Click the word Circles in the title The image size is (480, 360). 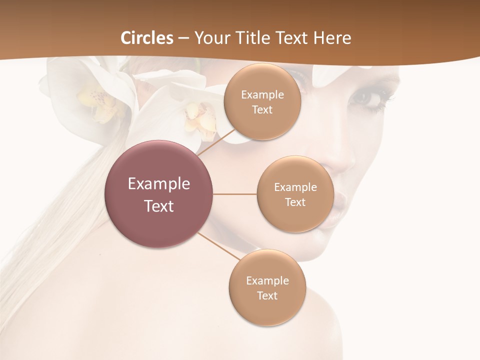(x=147, y=38)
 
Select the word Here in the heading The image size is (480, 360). (x=331, y=38)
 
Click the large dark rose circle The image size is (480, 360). (x=159, y=194)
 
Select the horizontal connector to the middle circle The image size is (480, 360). (x=234, y=194)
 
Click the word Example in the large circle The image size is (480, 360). (x=159, y=184)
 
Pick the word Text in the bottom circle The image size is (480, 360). (x=267, y=295)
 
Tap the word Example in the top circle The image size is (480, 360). (x=262, y=94)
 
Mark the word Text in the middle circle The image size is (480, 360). (x=295, y=202)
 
